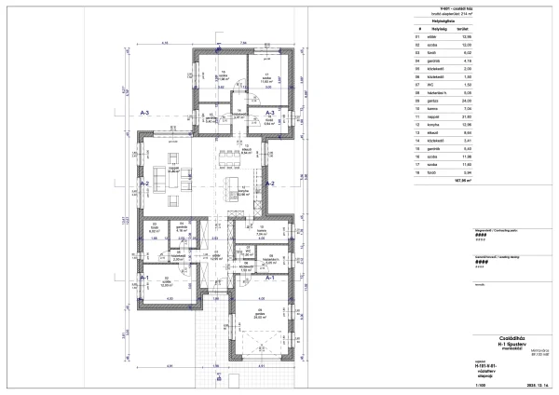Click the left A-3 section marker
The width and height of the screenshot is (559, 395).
tap(145, 112)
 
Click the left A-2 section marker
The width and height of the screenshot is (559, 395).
tap(145, 184)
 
